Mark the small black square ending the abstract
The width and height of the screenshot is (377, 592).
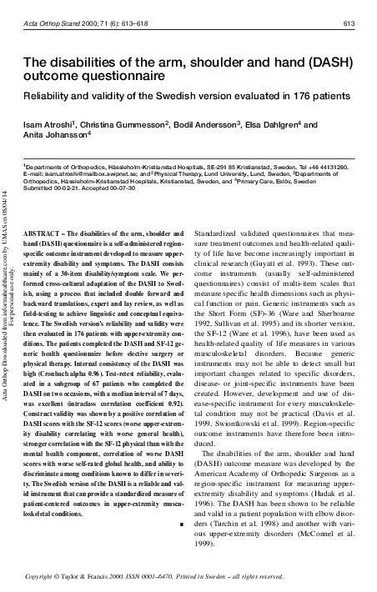(x=181, y=478)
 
